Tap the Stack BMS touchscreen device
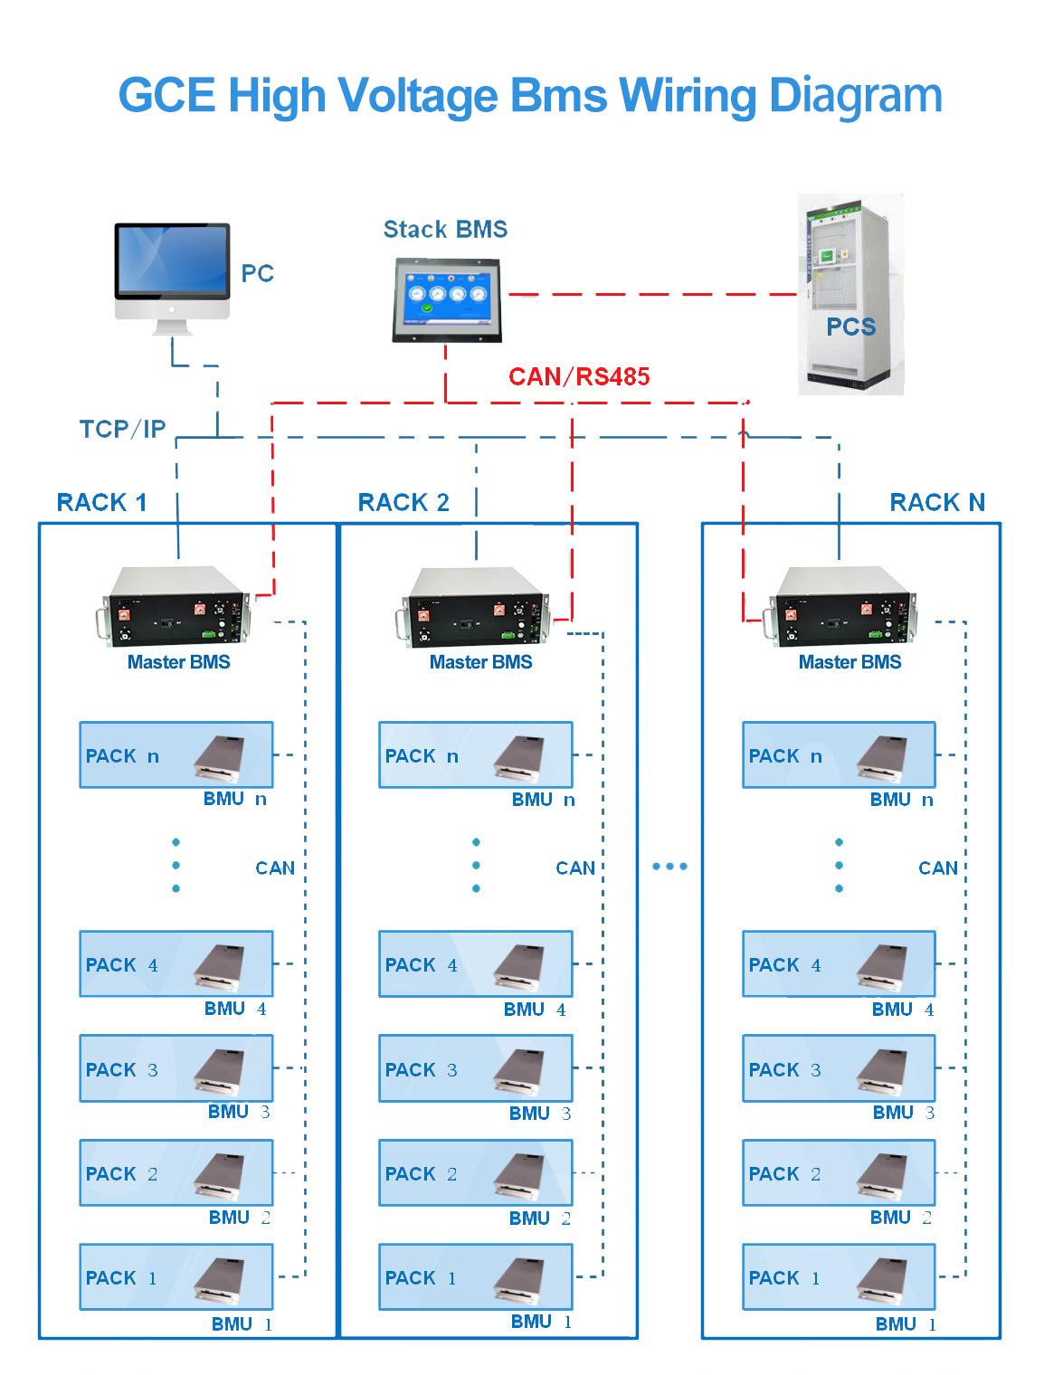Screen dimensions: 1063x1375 coord(447,300)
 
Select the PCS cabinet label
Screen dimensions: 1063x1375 coord(850,327)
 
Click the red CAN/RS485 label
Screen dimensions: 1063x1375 coord(579,376)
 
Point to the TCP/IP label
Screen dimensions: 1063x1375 coord(122,429)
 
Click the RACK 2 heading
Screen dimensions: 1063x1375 coord(403,502)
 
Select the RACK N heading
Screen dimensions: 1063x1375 coord(937,502)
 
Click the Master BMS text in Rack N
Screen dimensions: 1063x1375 coord(849,662)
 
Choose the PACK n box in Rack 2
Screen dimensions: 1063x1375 coord(476,754)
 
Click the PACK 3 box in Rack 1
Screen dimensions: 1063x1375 coord(176,1068)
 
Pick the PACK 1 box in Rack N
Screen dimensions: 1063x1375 coord(839,1277)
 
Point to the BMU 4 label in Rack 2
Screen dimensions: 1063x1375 coord(535,1010)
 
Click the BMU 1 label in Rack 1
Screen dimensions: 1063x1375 coord(242,1324)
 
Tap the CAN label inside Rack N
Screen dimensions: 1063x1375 coord(938,868)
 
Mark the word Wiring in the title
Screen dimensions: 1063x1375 coord(688,96)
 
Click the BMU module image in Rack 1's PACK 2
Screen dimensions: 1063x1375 coord(219,1177)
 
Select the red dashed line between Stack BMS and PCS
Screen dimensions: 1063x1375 coord(653,294)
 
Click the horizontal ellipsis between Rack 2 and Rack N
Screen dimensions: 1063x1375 coord(669,867)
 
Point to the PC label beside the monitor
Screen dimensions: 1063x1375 coord(258,273)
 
